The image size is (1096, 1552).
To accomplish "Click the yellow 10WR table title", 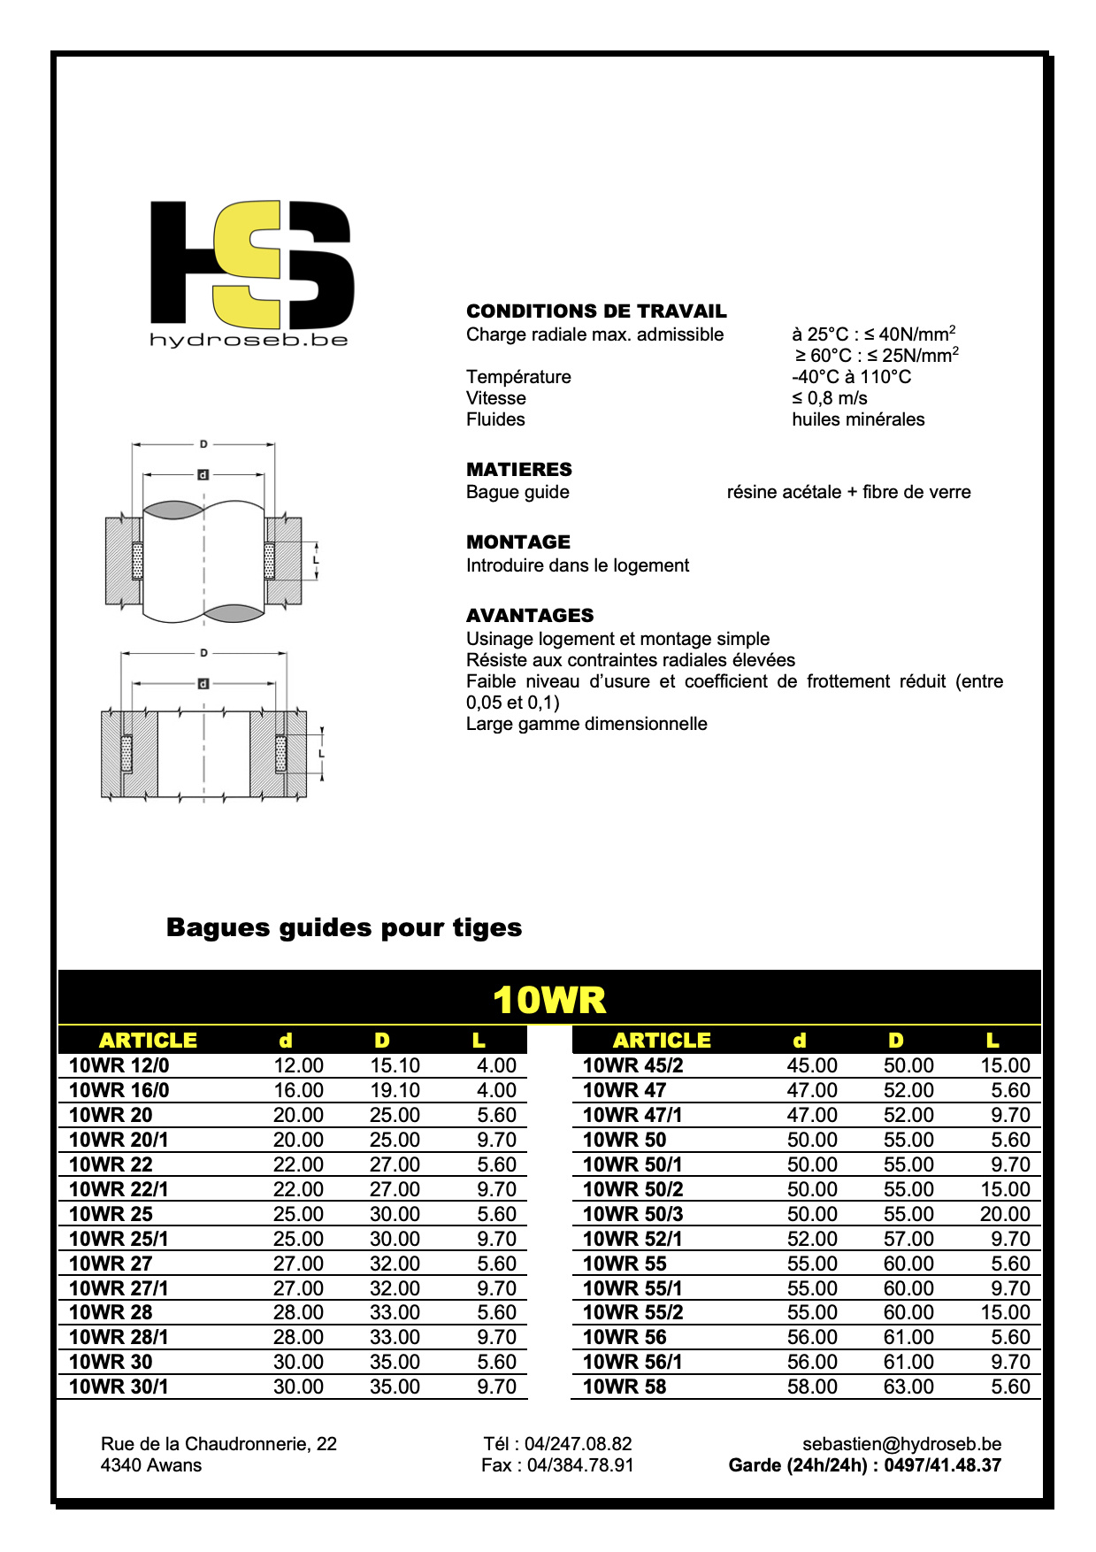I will point(549,1000).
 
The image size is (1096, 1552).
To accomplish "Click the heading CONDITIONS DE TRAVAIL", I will point(596,311).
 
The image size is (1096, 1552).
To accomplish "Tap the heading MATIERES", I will point(519,470).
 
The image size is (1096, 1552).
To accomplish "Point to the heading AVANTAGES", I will point(530,616).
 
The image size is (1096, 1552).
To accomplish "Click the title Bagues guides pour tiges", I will point(344,928).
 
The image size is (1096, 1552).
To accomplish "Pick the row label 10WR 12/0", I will point(119,1066).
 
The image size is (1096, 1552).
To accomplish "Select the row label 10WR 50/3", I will point(633,1215).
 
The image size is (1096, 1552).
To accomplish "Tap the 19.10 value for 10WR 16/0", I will point(395,1091).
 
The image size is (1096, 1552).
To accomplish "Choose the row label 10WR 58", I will point(625,1387).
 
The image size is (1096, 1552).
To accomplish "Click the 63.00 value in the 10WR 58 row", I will point(908,1387).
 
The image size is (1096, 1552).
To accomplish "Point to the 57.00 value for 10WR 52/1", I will point(908,1240).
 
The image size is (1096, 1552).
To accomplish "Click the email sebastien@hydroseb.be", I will point(901,1444).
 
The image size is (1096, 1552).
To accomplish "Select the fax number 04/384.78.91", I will point(580,1465).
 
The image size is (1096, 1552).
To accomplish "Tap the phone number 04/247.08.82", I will point(578,1444).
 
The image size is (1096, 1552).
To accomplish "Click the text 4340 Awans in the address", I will point(151,1465).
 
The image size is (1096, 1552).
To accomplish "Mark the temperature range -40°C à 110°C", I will point(851,377).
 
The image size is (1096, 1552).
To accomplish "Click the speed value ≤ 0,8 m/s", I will point(830,398).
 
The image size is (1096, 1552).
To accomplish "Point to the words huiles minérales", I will point(858,419).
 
